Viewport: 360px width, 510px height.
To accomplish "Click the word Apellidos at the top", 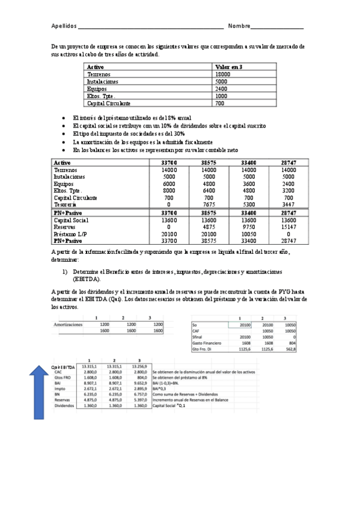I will point(64,26).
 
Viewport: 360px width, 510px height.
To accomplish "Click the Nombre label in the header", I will point(239,26).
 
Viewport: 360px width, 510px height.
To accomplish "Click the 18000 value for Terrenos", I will point(222,74).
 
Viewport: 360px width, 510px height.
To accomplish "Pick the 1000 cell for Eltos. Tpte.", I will point(221,96).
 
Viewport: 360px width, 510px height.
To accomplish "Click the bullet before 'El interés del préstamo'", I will point(65,118).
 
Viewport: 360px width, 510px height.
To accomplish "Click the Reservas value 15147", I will point(288,227).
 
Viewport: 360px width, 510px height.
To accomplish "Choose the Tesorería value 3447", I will point(288,204).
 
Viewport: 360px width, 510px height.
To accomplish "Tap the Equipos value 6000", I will point(169,184).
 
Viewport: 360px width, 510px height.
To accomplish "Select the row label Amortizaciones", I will point(68,324).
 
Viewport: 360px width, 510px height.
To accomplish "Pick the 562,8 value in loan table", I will point(290,349).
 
